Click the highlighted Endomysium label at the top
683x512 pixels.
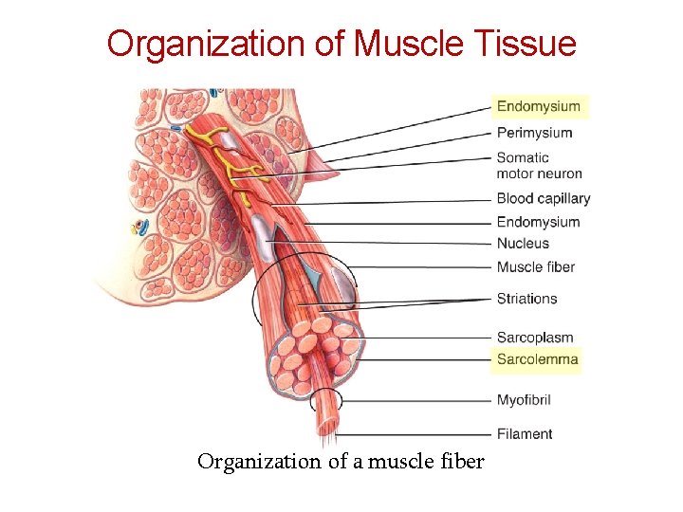538,106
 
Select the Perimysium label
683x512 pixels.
534,133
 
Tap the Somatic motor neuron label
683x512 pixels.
539,165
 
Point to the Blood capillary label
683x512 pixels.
543,199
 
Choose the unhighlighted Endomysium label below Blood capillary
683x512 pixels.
538,222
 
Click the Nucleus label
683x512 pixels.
523,244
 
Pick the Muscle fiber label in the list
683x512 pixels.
535,267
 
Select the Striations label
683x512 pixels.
526,299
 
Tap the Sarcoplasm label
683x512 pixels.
535,338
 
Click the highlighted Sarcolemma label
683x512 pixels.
537,359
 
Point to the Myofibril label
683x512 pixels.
524,400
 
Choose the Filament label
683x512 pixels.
525,434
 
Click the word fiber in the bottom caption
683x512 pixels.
463,462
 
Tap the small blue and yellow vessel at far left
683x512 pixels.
140,227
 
